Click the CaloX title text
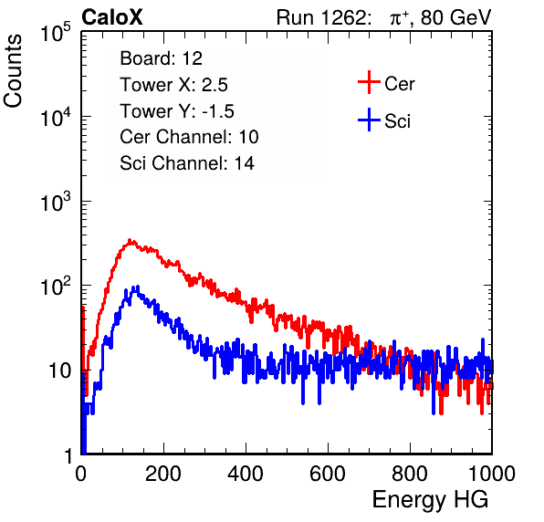(111, 17)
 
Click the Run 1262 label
(321, 17)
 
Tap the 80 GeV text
(455, 17)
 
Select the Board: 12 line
(161, 58)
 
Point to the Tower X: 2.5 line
(173, 85)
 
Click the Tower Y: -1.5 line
(177, 111)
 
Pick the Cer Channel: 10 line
(189, 137)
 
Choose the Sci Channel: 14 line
(187, 163)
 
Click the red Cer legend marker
(369, 82)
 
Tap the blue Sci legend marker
(369, 120)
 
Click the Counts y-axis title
(13, 71)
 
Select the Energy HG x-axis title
(430, 500)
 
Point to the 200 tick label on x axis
(163, 474)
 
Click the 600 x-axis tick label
(328, 474)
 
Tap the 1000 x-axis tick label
(492, 474)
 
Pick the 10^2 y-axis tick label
(56, 286)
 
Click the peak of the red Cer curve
(130, 240)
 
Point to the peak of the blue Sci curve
(138, 287)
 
